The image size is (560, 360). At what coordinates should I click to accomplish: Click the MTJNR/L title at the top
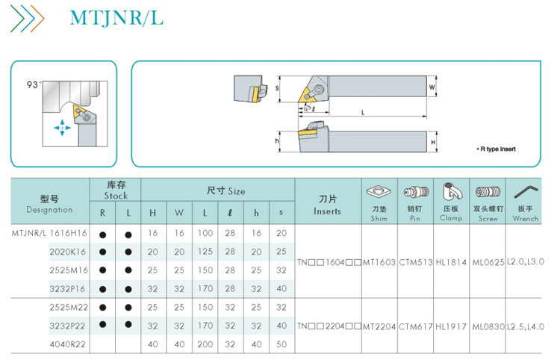pyautogui.click(x=116, y=17)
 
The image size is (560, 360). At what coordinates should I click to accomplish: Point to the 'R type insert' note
pyautogui.click(x=496, y=149)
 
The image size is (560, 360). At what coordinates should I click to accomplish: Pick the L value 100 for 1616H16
pyautogui.click(x=205, y=233)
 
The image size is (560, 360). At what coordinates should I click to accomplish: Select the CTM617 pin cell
pyautogui.click(x=415, y=326)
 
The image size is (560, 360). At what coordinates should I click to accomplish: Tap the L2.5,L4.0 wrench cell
pyautogui.click(x=526, y=326)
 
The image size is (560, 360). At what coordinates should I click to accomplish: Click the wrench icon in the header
pyautogui.click(x=526, y=193)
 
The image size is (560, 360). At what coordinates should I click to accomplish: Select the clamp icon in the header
pyautogui.click(x=450, y=192)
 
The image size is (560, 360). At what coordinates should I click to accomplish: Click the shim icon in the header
pyautogui.click(x=379, y=192)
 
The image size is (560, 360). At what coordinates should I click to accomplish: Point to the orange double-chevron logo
pyautogui.click(x=28, y=16)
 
